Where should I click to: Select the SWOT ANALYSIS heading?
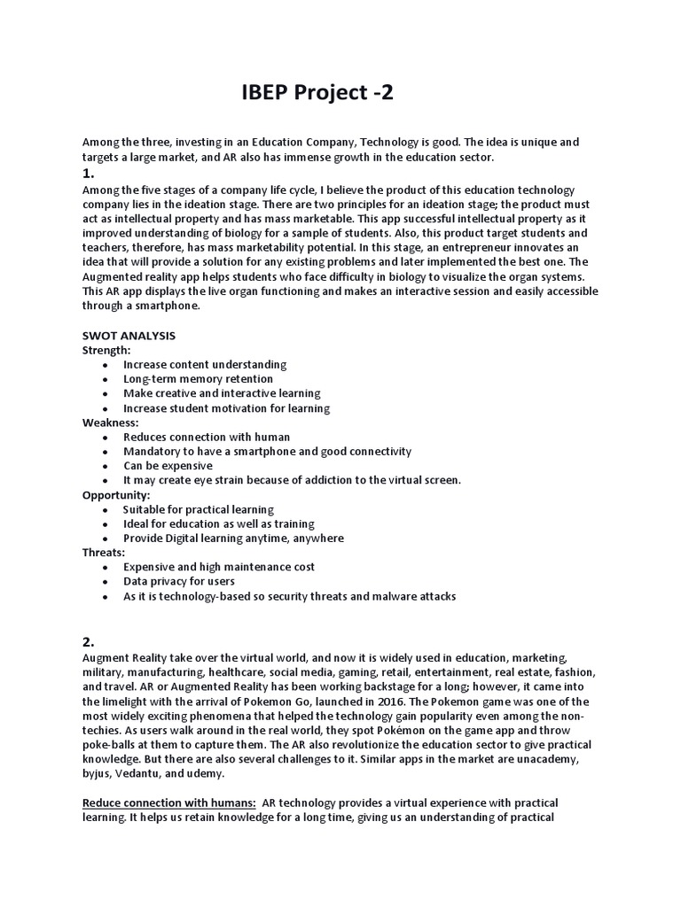click(129, 336)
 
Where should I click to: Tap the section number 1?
click(89, 174)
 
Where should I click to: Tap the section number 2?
click(89, 641)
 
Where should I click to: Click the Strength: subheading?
click(106, 350)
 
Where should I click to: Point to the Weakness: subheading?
click(111, 422)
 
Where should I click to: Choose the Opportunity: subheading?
click(116, 495)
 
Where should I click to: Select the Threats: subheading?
click(104, 552)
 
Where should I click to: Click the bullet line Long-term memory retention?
click(198, 379)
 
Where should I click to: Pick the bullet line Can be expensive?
click(168, 466)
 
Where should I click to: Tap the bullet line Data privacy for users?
click(178, 582)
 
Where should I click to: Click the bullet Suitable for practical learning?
click(198, 510)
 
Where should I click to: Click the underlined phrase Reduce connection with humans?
click(169, 802)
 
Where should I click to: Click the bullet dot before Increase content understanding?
click(106, 365)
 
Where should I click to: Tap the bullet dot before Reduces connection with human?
click(106, 438)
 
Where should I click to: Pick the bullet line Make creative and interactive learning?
click(222, 393)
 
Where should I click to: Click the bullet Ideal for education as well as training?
click(218, 524)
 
